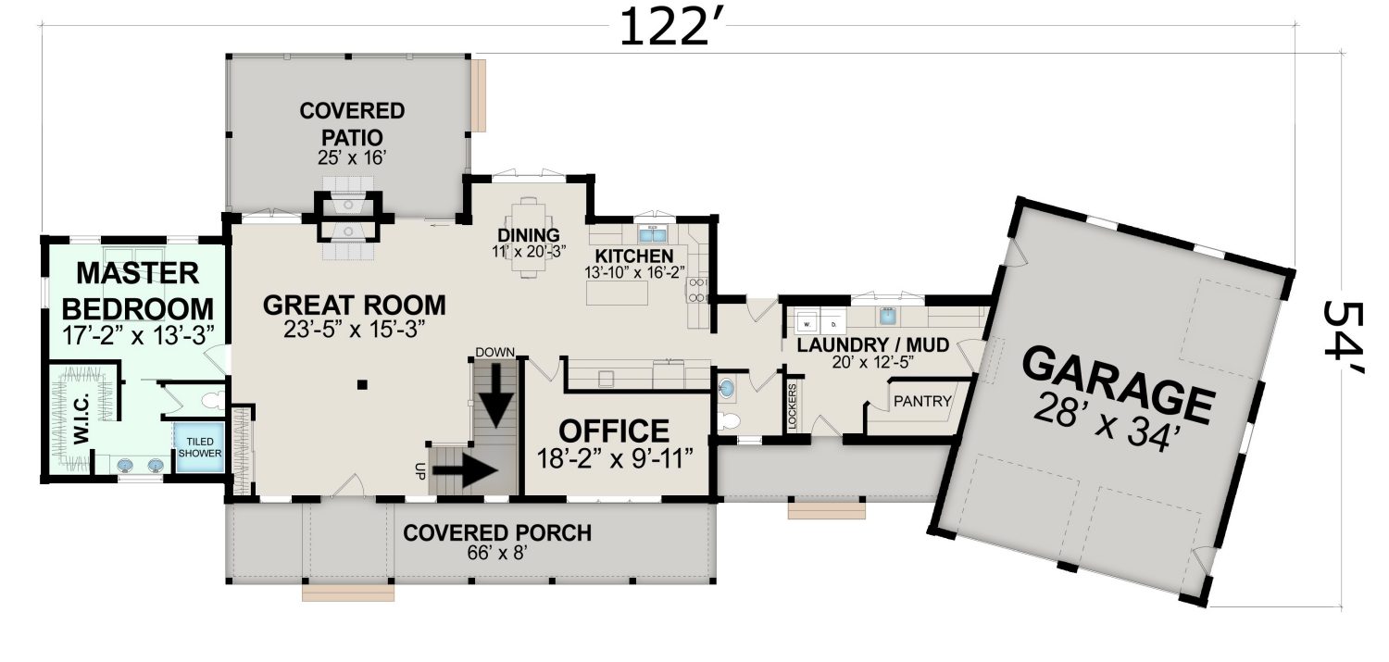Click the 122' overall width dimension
672,28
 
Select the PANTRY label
922,402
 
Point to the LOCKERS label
792,406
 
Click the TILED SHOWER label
200,447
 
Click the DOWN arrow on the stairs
496,394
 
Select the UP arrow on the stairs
465,470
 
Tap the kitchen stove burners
697,290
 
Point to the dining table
529,236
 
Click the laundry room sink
887,316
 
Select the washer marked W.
807,323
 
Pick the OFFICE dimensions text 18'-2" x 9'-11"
613,459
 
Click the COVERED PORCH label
497,533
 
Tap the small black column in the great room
362,385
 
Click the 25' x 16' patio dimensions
352,157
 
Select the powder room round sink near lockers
727,389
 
